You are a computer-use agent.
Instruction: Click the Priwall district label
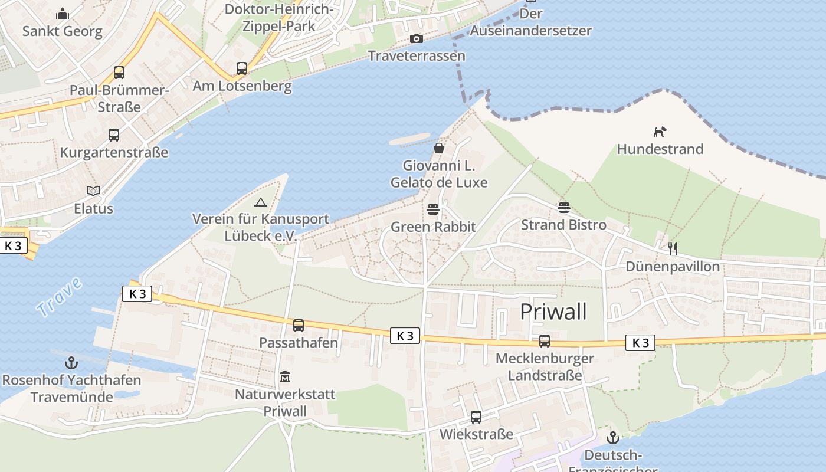[553, 312]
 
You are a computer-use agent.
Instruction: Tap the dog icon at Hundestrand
[660, 132]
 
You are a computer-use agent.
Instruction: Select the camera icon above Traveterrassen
[417, 39]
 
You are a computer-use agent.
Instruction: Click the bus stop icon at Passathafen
[299, 325]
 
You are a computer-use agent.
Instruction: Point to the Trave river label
[59, 297]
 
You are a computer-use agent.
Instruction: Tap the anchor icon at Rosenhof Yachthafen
[71, 363]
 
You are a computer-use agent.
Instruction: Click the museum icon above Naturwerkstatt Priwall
[285, 376]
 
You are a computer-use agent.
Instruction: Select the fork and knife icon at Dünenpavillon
[673, 248]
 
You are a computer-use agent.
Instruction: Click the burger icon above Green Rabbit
[433, 209]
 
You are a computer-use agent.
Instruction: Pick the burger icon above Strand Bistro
[563, 208]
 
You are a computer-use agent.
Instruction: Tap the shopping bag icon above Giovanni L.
[439, 147]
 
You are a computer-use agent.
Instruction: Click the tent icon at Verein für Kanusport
[260, 202]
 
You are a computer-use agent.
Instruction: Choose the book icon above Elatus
[93, 191]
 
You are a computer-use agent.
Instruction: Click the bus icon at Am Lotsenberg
[242, 68]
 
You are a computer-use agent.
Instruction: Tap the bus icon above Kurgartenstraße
[114, 135]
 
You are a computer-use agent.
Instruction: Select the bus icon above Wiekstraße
[476, 417]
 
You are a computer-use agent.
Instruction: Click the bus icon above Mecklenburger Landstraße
[545, 341]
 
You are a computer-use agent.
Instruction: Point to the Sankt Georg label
[62, 31]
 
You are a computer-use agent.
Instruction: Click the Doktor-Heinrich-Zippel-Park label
[279, 18]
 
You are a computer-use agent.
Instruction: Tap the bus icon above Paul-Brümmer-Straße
[119, 73]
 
